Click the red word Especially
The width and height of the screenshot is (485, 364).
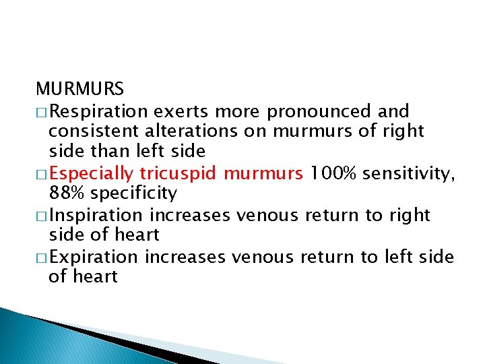92,173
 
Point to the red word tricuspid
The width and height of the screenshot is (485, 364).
179,173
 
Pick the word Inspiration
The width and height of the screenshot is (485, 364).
96,215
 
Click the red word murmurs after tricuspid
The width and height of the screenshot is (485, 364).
263,173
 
